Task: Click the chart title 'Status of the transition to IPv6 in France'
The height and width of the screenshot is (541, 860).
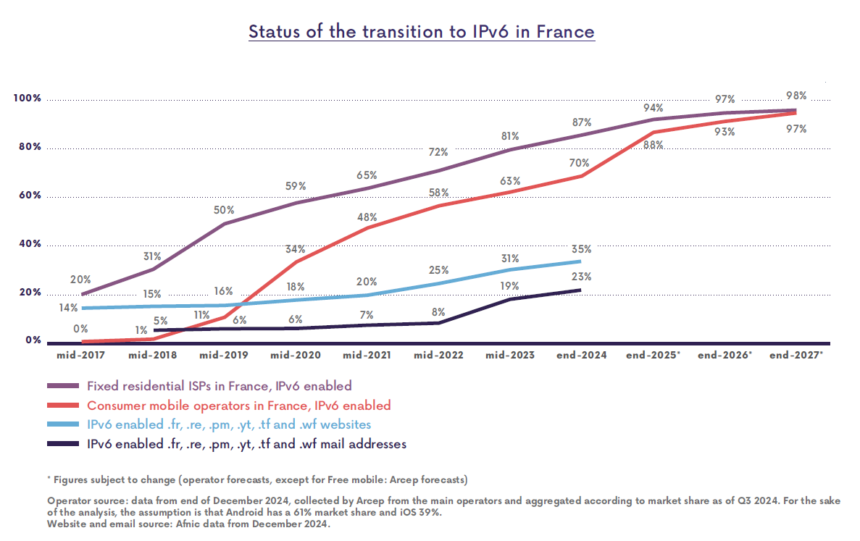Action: [421, 32]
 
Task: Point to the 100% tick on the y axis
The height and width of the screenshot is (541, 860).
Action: [28, 98]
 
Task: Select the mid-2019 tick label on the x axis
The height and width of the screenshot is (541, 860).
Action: [223, 356]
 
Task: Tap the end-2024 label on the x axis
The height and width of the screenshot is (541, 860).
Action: [582, 356]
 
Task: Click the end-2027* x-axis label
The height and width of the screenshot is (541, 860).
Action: [796, 356]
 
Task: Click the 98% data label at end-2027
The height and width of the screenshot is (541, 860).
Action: [796, 96]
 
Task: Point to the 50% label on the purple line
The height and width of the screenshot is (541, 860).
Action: [224, 210]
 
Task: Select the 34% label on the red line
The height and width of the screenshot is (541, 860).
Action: [295, 249]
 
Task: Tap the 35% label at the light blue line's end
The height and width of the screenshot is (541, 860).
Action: [582, 249]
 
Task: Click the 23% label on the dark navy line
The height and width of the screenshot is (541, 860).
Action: [582, 277]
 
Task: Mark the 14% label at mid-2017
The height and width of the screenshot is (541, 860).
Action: [69, 308]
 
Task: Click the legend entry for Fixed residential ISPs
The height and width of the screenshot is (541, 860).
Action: [219, 386]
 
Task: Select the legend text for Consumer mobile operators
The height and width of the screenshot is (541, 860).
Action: [238, 406]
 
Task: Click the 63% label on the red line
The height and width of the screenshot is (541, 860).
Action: [510, 180]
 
